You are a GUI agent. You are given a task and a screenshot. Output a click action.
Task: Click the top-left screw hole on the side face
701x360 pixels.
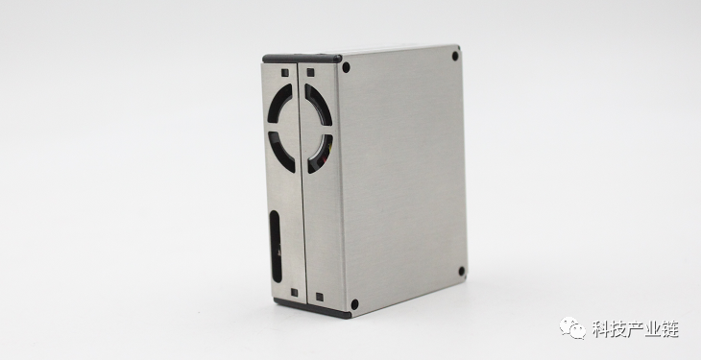point(346,67)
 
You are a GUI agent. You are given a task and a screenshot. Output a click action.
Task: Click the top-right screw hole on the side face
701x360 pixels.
point(455,56)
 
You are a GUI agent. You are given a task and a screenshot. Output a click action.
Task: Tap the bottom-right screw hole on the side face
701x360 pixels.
point(461,272)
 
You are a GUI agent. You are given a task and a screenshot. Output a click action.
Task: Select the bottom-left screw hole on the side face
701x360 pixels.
point(354,304)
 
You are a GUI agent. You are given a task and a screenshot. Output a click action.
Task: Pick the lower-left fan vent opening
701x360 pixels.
point(279,151)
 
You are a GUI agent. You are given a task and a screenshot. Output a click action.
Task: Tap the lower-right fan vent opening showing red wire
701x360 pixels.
point(322,155)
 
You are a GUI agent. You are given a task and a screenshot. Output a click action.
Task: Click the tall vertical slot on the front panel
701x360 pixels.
point(276,247)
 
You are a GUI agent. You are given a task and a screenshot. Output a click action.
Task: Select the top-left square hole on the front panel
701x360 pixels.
point(285,72)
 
